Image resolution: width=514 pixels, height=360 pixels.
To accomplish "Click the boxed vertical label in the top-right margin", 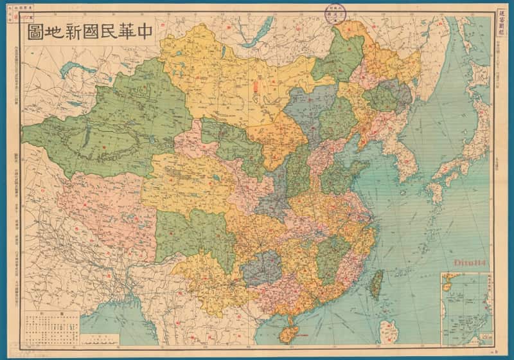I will click(504, 14).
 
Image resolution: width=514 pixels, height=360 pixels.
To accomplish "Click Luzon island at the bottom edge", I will click(389, 331).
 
